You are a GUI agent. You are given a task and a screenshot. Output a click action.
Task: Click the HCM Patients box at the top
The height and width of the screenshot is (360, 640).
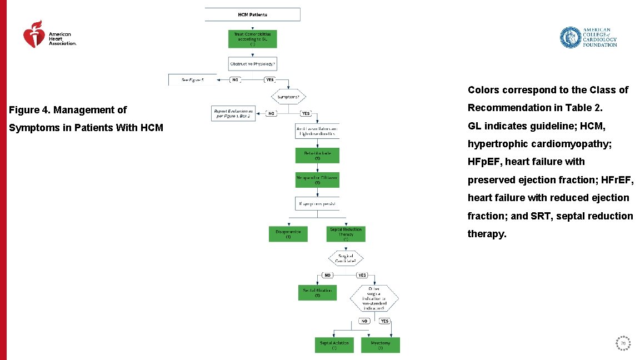pyautogui.click(x=253, y=14)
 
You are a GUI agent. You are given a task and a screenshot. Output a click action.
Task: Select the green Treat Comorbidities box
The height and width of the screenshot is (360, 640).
pyautogui.click(x=253, y=38)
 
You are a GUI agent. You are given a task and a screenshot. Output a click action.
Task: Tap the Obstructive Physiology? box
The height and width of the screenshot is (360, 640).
pyautogui.click(x=253, y=64)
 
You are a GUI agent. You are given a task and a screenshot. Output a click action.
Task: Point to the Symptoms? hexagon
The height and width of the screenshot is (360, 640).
pyautogui.click(x=289, y=97)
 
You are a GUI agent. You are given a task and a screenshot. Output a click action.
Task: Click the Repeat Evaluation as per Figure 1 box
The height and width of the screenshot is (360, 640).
pyautogui.click(x=233, y=113)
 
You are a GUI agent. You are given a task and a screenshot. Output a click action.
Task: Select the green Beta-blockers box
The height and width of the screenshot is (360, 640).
pyautogui.click(x=317, y=155)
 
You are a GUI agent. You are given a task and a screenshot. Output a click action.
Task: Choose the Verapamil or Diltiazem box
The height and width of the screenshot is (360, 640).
pyautogui.click(x=317, y=179)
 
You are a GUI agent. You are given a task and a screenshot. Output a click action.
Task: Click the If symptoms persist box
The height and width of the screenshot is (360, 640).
pyautogui.click(x=317, y=204)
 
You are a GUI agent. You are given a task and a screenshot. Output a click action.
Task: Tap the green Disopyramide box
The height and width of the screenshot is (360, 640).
pyautogui.click(x=288, y=234)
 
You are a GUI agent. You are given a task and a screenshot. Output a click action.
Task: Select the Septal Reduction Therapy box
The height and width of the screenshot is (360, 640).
pyautogui.click(x=346, y=233)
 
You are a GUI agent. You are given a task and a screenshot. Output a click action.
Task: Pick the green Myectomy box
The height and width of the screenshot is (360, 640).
pyautogui.click(x=381, y=345)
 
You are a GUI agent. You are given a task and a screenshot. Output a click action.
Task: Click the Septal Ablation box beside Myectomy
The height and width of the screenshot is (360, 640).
pyautogui.click(x=334, y=345)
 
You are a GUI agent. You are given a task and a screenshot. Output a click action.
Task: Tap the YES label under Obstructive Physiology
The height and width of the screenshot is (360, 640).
pyautogui.click(x=269, y=80)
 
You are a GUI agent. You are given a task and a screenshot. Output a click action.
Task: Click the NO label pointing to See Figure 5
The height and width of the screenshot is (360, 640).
pyautogui.click(x=235, y=80)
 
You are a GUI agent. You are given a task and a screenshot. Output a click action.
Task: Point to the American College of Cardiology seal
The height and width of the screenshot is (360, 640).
pyautogui.click(x=569, y=38)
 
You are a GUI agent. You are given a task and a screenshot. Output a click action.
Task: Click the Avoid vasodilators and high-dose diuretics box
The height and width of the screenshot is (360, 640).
pyautogui.click(x=317, y=131)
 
